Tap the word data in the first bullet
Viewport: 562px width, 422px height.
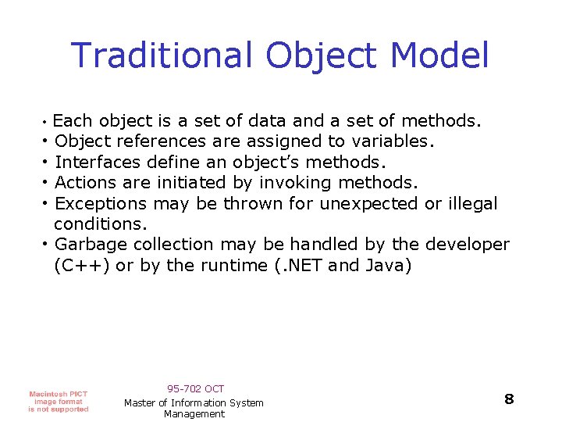click(268, 121)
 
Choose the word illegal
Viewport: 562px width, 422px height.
click(472, 204)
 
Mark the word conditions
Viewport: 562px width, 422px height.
click(100, 224)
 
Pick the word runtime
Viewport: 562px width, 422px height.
click(233, 266)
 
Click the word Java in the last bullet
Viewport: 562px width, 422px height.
click(388, 266)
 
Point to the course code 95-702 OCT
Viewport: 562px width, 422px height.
click(195, 388)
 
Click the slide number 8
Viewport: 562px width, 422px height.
click(509, 399)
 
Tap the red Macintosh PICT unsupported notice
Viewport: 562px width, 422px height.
click(59, 401)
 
